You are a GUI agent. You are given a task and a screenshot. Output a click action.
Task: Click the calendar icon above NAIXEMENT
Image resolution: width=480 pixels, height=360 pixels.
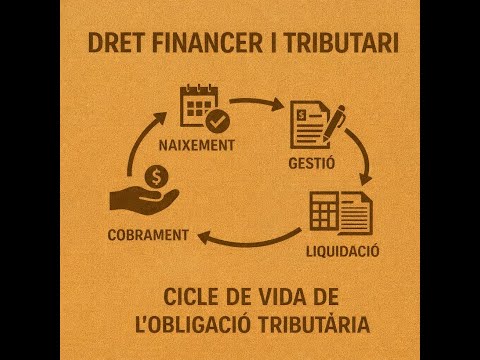point(197,108)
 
